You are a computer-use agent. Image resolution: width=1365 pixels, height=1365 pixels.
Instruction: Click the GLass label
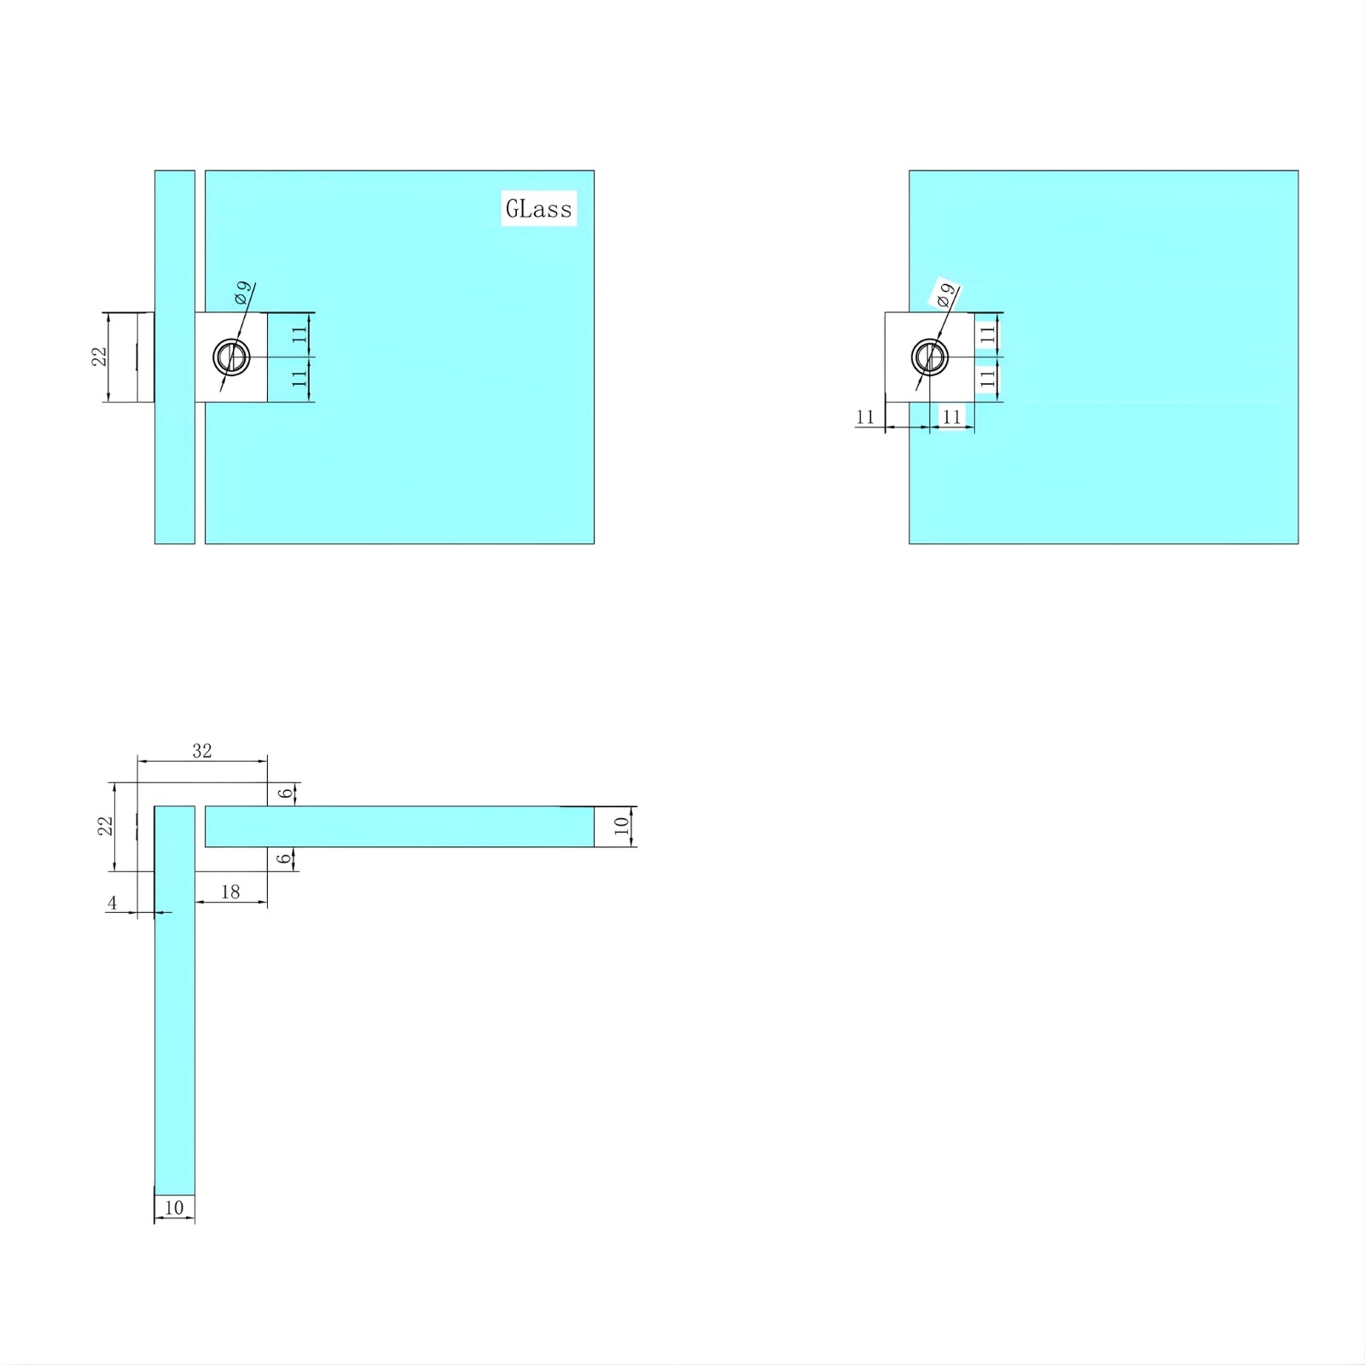pos(538,209)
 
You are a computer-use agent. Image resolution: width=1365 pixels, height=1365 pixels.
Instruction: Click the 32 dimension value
pos(202,751)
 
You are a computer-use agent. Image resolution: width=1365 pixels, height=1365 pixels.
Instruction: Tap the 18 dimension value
pos(230,892)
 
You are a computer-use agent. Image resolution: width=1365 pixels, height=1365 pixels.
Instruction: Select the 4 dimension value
pos(112,903)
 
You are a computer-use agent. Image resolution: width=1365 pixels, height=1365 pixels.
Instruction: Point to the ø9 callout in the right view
pos(946,296)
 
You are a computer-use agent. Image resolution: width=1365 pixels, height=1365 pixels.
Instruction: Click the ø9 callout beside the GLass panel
pos(243,293)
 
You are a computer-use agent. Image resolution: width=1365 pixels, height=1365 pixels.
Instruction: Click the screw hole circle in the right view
pos(930,357)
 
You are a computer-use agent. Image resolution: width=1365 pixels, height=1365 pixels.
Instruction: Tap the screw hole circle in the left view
pos(231,357)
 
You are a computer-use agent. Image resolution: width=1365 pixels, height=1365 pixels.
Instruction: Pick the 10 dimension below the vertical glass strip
pos(174,1207)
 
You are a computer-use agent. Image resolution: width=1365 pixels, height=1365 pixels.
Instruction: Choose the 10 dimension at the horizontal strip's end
pos(622,826)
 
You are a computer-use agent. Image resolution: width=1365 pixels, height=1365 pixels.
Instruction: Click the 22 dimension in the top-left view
pos(101,357)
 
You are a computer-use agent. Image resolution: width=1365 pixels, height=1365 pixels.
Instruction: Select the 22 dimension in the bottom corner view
pos(105,826)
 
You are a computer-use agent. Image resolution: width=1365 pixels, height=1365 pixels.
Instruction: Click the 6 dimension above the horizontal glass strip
pos(286,793)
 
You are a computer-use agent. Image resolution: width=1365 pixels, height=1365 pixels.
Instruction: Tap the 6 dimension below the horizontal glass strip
pos(284,858)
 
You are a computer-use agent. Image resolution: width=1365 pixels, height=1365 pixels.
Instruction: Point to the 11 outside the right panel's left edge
pos(865,417)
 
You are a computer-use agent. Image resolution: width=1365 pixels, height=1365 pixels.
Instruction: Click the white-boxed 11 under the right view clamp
pos(952,417)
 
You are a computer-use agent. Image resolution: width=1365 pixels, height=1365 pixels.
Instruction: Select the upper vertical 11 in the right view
pos(988,335)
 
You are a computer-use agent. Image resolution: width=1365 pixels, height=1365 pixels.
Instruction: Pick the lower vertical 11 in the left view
pos(299,379)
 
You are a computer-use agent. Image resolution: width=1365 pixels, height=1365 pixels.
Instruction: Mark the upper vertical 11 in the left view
pos(299,334)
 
